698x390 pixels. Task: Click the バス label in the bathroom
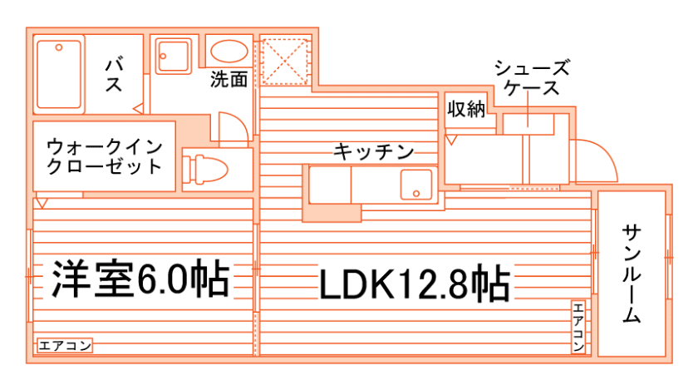tap(114, 73)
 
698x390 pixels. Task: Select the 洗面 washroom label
tap(229, 81)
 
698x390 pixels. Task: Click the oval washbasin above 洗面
tap(229, 52)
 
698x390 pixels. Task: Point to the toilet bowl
tap(208, 170)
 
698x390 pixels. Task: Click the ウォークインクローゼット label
tap(105, 155)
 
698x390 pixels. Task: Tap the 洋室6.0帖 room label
tap(140, 279)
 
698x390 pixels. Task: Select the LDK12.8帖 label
tap(414, 284)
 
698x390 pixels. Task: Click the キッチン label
tap(373, 152)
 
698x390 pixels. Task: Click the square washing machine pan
tap(174, 56)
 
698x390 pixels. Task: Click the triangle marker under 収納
tap(450, 140)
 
